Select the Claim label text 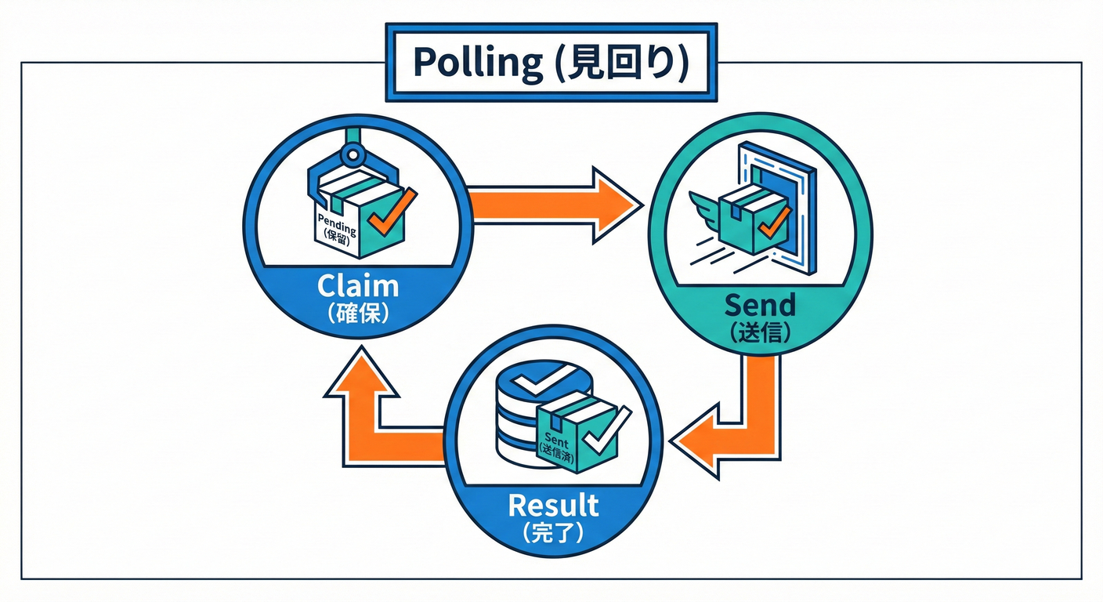[358, 286]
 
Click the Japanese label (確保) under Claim [358, 314]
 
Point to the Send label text [760, 304]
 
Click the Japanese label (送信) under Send [760, 332]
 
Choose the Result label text [553, 505]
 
